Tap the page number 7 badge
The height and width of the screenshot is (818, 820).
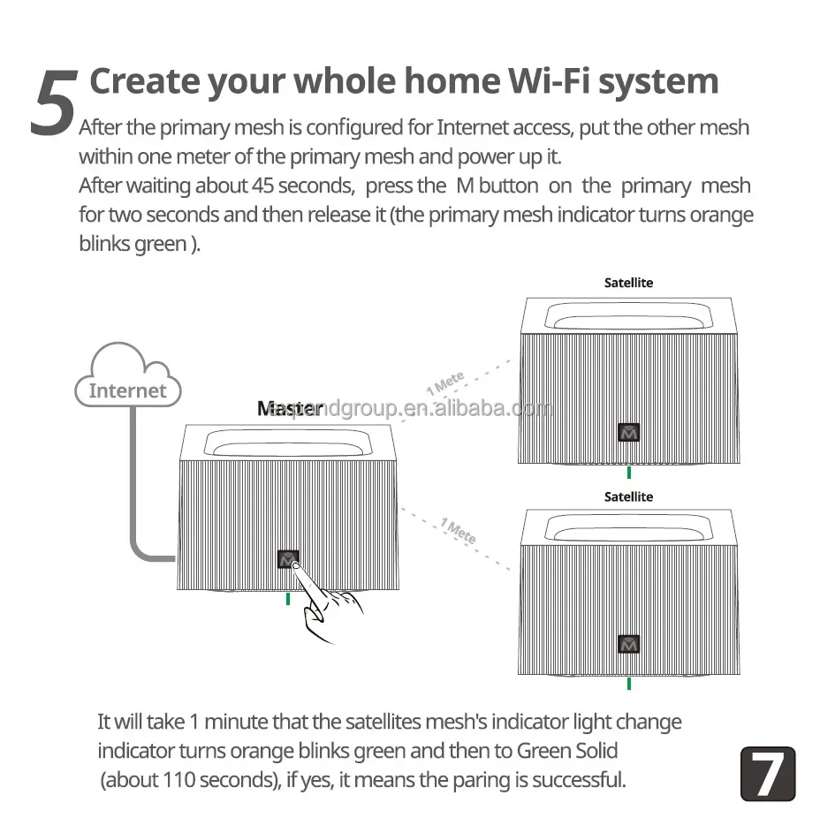(767, 774)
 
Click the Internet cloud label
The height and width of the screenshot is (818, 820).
(128, 390)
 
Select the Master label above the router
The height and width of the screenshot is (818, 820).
(288, 408)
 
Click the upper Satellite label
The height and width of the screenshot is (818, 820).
(628, 283)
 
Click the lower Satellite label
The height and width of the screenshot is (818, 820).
(628, 496)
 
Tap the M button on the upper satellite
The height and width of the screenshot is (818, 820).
(628, 432)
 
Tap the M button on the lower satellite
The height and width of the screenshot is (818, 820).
(628, 644)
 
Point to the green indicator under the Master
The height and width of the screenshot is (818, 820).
(288, 599)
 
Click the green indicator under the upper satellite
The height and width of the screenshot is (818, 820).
(628, 472)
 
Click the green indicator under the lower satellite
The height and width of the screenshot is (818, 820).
(628, 683)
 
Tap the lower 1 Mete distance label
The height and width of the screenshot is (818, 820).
(459, 531)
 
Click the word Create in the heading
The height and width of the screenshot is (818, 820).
(144, 81)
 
